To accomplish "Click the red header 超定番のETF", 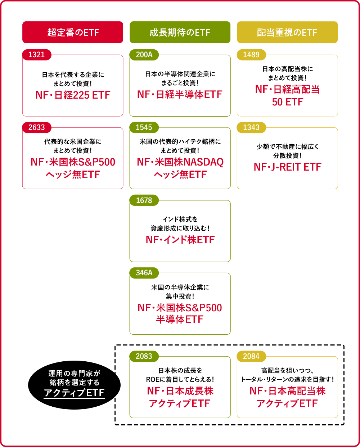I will [x=73, y=32].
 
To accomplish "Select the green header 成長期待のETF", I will [x=180, y=32].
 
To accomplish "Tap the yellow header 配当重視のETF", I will [x=287, y=32].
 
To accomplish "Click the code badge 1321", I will [x=37, y=55].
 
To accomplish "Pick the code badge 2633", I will [x=37, y=127].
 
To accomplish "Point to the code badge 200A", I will [x=144, y=55].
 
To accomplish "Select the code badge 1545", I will [x=144, y=127].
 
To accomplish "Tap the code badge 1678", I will [x=144, y=200].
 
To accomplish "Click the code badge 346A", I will [x=144, y=273].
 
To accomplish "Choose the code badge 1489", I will [x=251, y=55].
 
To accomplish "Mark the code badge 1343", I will [x=251, y=127].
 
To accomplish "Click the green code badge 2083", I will [x=144, y=356].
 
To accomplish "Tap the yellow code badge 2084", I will [x=251, y=356].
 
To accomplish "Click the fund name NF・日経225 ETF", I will [x=73, y=95].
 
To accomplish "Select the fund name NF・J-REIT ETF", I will [x=287, y=167].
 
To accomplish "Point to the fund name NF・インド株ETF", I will [x=180, y=240].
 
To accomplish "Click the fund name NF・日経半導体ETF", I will [x=180, y=94].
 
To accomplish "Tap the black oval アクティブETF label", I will [x=74, y=384].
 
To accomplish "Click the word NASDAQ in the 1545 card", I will [x=203, y=162].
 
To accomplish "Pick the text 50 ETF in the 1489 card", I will [x=287, y=102].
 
